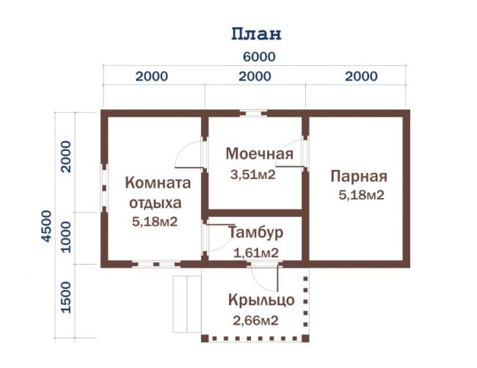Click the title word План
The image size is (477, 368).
coord(256,34)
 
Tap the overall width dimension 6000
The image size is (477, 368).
coord(259,57)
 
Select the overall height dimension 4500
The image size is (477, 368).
coord(46,226)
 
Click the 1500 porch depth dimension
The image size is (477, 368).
coord(66,297)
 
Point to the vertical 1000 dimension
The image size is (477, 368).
coord(66,237)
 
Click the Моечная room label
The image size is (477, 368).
coord(260,154)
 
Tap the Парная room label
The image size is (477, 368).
coord(359,177)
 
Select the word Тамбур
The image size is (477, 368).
coord(255,232)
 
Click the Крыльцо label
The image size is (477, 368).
coord(261,301)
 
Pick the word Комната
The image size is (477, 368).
coord(158,183)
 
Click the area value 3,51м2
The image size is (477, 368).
coord(252,174)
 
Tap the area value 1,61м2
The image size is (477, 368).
coord(256,253)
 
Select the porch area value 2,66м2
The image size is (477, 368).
coord(255,320)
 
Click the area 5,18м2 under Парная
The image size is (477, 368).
coord(361,195)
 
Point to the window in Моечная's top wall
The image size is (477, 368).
coord(253,114)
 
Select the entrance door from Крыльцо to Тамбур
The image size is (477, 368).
coord(264,277)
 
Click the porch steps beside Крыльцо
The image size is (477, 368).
coord(187,304)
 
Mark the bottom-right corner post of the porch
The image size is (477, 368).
coord(305,338)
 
